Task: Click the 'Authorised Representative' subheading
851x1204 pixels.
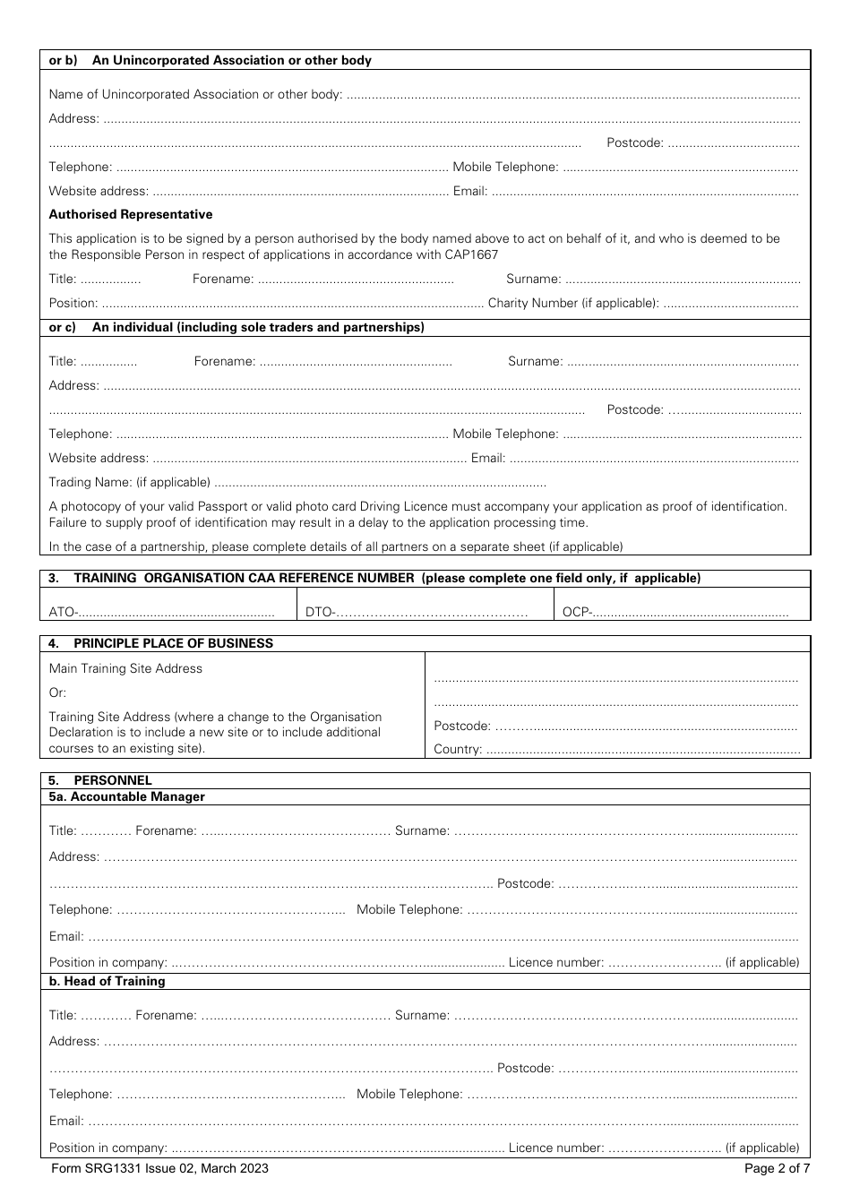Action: [131, 214]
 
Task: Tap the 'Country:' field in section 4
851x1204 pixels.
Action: [641, 749]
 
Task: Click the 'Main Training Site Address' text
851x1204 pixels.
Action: [125, 668]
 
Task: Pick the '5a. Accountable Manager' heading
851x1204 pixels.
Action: [126, 796]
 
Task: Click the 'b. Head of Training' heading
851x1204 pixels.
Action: [107, 981]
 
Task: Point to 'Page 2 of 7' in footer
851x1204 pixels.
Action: [777, 1168]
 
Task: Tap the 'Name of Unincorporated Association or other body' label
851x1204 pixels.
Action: [194, 94]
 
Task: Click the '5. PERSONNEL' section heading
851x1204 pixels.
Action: [100, 780]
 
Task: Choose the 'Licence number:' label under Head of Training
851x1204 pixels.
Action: [555, 1148]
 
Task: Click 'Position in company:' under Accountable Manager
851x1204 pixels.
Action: [107, 962]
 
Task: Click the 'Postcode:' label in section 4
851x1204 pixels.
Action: [462, 726]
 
